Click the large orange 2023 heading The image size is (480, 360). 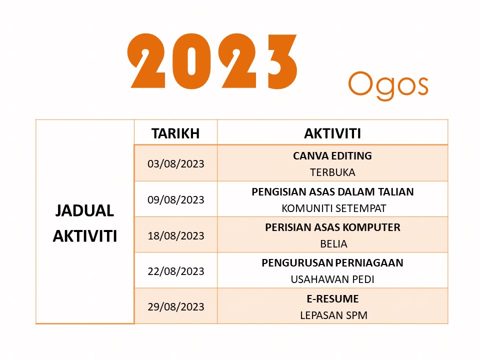click(212, 61)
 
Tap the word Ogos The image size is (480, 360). click(388, 84)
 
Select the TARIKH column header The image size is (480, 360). click(175, 133)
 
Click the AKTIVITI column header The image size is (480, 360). click(332, 133)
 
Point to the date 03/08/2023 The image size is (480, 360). click(176, 163)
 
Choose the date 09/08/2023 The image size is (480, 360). click(176, 199)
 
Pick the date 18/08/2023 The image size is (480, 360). click(176, 235)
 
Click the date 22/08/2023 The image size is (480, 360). click(176, 271)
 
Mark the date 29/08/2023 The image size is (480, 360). click(176, 306)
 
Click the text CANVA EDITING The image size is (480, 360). click(332, 155)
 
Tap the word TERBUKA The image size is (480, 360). click(332, 172)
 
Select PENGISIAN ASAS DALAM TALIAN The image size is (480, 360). click(332, 191)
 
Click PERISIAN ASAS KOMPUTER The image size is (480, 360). click(332, 227)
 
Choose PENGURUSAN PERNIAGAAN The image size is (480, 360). click(332, 262)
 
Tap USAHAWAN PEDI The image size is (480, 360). click(332, 279)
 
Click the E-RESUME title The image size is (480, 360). click(332, 298)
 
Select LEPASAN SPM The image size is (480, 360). click(332, 315)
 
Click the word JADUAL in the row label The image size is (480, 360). click(84, 210)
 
